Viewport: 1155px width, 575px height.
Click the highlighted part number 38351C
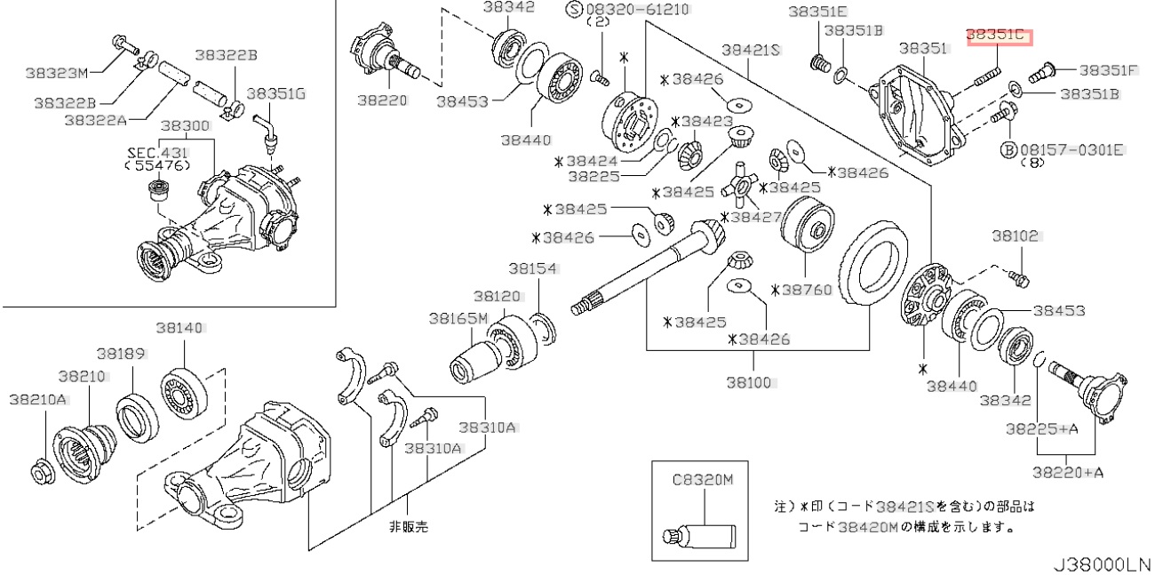(x=995, y=36)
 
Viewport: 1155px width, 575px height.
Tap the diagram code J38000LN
(x=1101, y=564)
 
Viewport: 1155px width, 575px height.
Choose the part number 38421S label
(x=750, y=51)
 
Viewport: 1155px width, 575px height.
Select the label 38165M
(x=458, y=317)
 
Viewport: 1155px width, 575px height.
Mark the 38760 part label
(x=805, y=290)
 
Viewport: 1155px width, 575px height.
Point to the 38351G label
(x=275, y=92)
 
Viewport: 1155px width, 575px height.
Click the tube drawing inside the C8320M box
(x=702, y=534)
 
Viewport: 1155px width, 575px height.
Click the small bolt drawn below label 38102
(x=1021, y=278)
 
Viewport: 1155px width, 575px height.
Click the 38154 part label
(x=532, y=268)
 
